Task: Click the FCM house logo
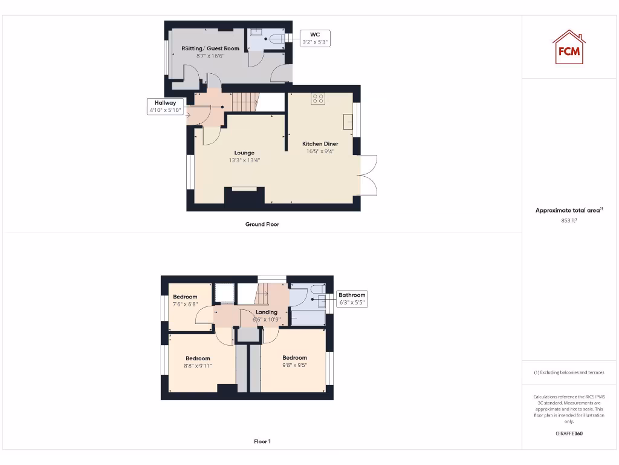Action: point(568,47)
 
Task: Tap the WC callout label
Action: point(315,39)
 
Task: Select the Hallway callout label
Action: point(165,107)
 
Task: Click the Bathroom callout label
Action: point(352,298)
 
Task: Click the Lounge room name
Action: point(244,153)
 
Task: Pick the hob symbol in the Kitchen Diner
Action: point(318,99)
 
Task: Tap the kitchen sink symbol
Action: point(348,122)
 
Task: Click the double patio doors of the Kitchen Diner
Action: point(368,176)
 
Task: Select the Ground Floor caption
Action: point(262,224)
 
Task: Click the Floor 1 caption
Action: point(262,441)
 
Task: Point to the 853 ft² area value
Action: point(568,221)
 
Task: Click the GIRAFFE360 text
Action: point(568,434)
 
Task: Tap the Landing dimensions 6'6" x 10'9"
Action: point(267,319)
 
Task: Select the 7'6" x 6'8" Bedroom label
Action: point(185,301)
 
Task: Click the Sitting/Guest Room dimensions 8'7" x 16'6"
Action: point(210,56)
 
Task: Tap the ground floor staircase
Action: point(245,102)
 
